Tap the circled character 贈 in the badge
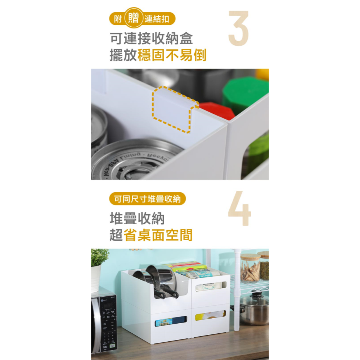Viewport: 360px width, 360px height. (x=134, y=18)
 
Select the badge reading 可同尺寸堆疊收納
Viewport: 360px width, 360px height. (x=147, y=199)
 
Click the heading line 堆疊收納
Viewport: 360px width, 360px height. (x=137, y=219)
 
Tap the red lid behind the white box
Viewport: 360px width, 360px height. (x=216, y=110)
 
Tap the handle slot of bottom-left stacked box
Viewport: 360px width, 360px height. (x=171, y=321)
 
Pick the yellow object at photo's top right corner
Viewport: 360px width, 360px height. (x=263, y=74)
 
